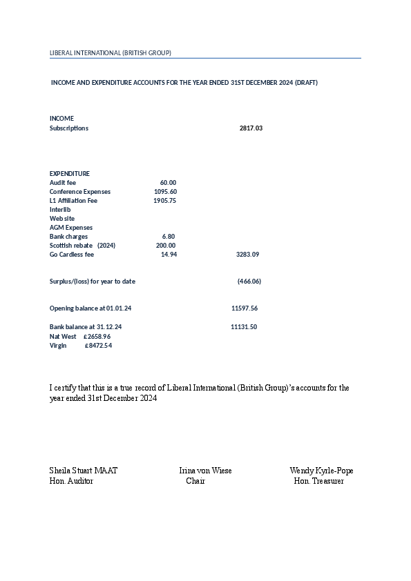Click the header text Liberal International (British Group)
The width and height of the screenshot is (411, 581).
[111, 53]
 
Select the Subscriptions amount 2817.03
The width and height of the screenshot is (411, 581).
[251, 128]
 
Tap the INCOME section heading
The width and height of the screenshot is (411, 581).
[61, 119]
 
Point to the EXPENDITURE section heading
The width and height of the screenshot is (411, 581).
[70, 173]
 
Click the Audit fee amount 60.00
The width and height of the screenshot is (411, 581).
[168, 182]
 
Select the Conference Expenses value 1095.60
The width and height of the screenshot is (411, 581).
[165, 191]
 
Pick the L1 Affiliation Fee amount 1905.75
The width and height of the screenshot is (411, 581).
[164, 201]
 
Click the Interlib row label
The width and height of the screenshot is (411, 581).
[60, 209]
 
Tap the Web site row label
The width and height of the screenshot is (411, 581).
[62, 218]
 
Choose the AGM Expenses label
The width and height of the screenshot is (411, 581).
[71, 227]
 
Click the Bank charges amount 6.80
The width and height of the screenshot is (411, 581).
[169, 237]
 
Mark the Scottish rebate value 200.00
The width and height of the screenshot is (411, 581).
[166, 246]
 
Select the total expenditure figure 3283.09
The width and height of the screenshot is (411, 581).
[247, 255]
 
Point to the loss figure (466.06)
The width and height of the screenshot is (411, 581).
[249, 282]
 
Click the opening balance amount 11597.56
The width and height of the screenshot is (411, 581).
[245, 308]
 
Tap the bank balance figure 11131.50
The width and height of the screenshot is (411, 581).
[244, 327]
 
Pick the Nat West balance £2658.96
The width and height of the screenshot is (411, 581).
[97, 336]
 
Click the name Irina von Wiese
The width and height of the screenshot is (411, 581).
[205, 471]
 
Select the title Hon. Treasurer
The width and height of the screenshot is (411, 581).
[318, 481]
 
